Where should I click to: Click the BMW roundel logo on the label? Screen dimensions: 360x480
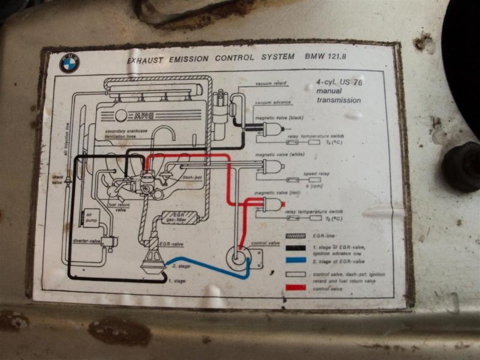pos(70,63)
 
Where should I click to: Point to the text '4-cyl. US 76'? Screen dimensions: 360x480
pos(340,82)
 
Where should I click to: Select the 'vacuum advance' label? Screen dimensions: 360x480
pos(273,103)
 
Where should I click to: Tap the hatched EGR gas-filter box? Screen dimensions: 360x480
pos(181,218)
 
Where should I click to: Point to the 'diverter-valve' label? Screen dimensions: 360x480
pos(86,241)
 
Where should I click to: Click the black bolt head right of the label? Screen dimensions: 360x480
pos(463,166)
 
